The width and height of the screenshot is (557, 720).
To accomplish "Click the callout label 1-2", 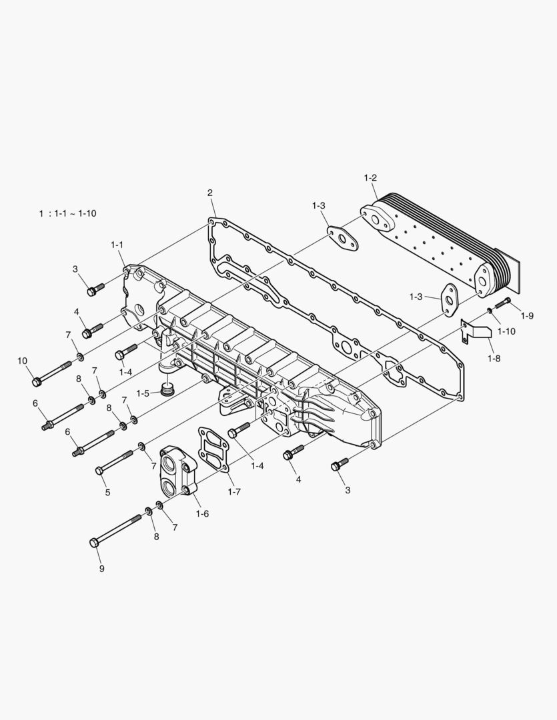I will pyautogui.click(x=370, y=177).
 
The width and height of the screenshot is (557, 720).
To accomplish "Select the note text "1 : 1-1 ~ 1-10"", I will pyautogui.click(x=67, y=213).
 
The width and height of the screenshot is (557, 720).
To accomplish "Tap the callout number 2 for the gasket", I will pyautogui.click(x=209, y=193).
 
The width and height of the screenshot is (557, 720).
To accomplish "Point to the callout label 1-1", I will pyautogui.click(x=117, y=245).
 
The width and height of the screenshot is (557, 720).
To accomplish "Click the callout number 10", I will pyautogui.click(x=22, y=361).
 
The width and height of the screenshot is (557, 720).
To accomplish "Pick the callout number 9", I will pyautogui.click(x=101, y=569).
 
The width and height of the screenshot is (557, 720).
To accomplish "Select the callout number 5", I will pyautogui.click(x=107, y=493).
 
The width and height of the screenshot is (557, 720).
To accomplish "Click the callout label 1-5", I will pyautogui.click(x=143, y=393).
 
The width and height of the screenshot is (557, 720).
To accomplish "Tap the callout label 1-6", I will pyautogui.click(x=202, y=513).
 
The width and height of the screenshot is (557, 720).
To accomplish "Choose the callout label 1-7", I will pyautogui.click(x=233, y=491).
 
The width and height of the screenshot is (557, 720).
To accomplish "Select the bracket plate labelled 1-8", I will pyautogui.click(x=475, y=331).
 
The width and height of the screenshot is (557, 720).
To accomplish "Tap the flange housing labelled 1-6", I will pyautogui.click(x=177, y=470).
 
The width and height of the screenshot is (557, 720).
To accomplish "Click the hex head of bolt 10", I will pyautogui.click(x=37, y=382).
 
